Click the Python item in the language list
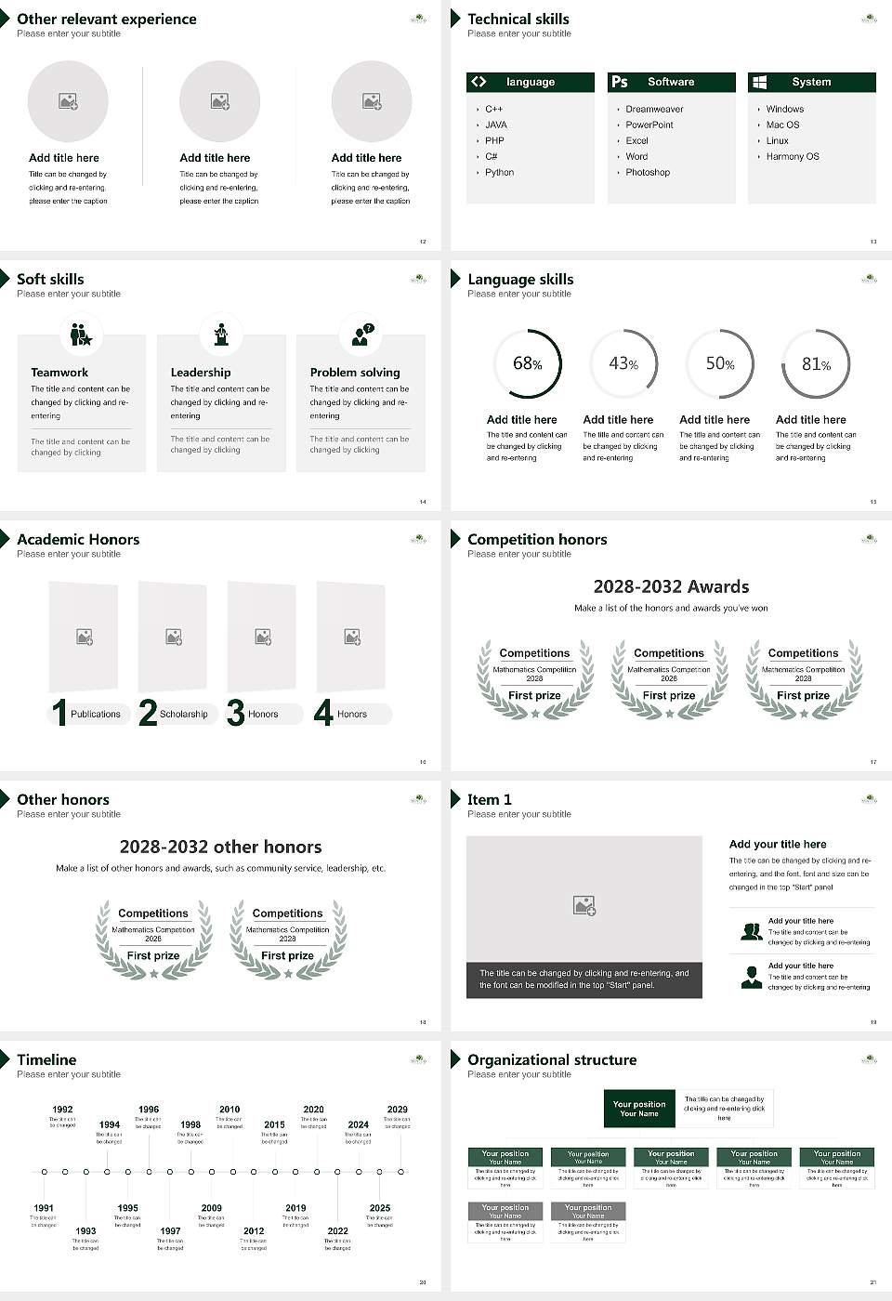click(499, 172)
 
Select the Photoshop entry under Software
click(648, 172)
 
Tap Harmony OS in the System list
click(793, 156)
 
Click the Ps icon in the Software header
click(620, 82)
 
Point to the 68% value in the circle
click(527, 363)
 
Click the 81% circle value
click(816, 363)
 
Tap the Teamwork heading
click(59, 372)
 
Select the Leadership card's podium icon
click(221, 335)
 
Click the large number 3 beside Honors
click(236, 713)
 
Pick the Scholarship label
click(183, 714)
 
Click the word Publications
click(96, 714)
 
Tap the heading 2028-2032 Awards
click(671, 586)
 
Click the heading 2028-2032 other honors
click(220, 847)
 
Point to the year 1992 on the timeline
click(62, 1109)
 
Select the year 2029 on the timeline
click(397, 1109)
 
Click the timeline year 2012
click(254, 1230)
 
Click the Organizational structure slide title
click(552, 1059)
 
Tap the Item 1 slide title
click(489, 799)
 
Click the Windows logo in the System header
click(759, 82)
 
